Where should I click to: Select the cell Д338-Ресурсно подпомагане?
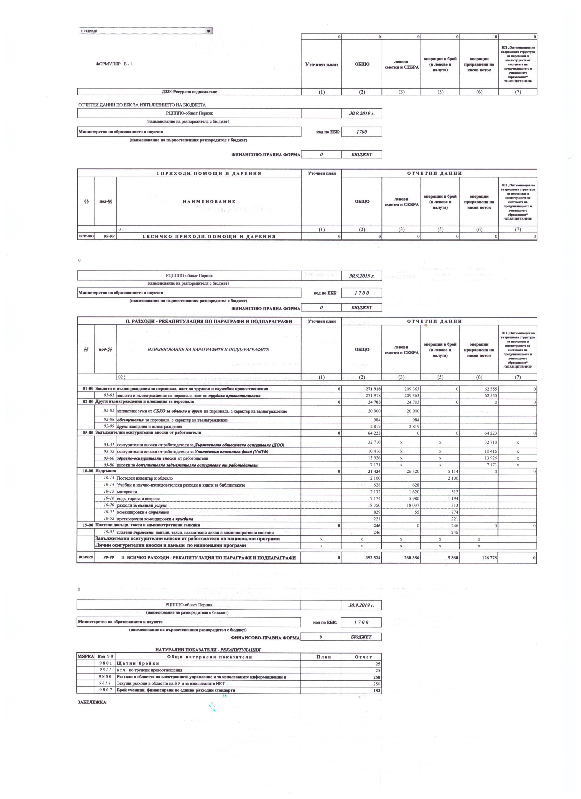click(189, 92)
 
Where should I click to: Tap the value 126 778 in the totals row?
click(487, 558)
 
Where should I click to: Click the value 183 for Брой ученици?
click(377, 690)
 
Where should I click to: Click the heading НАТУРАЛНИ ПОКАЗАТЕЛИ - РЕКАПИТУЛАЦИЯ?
click(208, 650)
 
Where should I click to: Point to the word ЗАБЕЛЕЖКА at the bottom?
click(92, 702)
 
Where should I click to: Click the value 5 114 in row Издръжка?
click(451, 472)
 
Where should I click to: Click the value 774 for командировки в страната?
click(454, 512)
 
